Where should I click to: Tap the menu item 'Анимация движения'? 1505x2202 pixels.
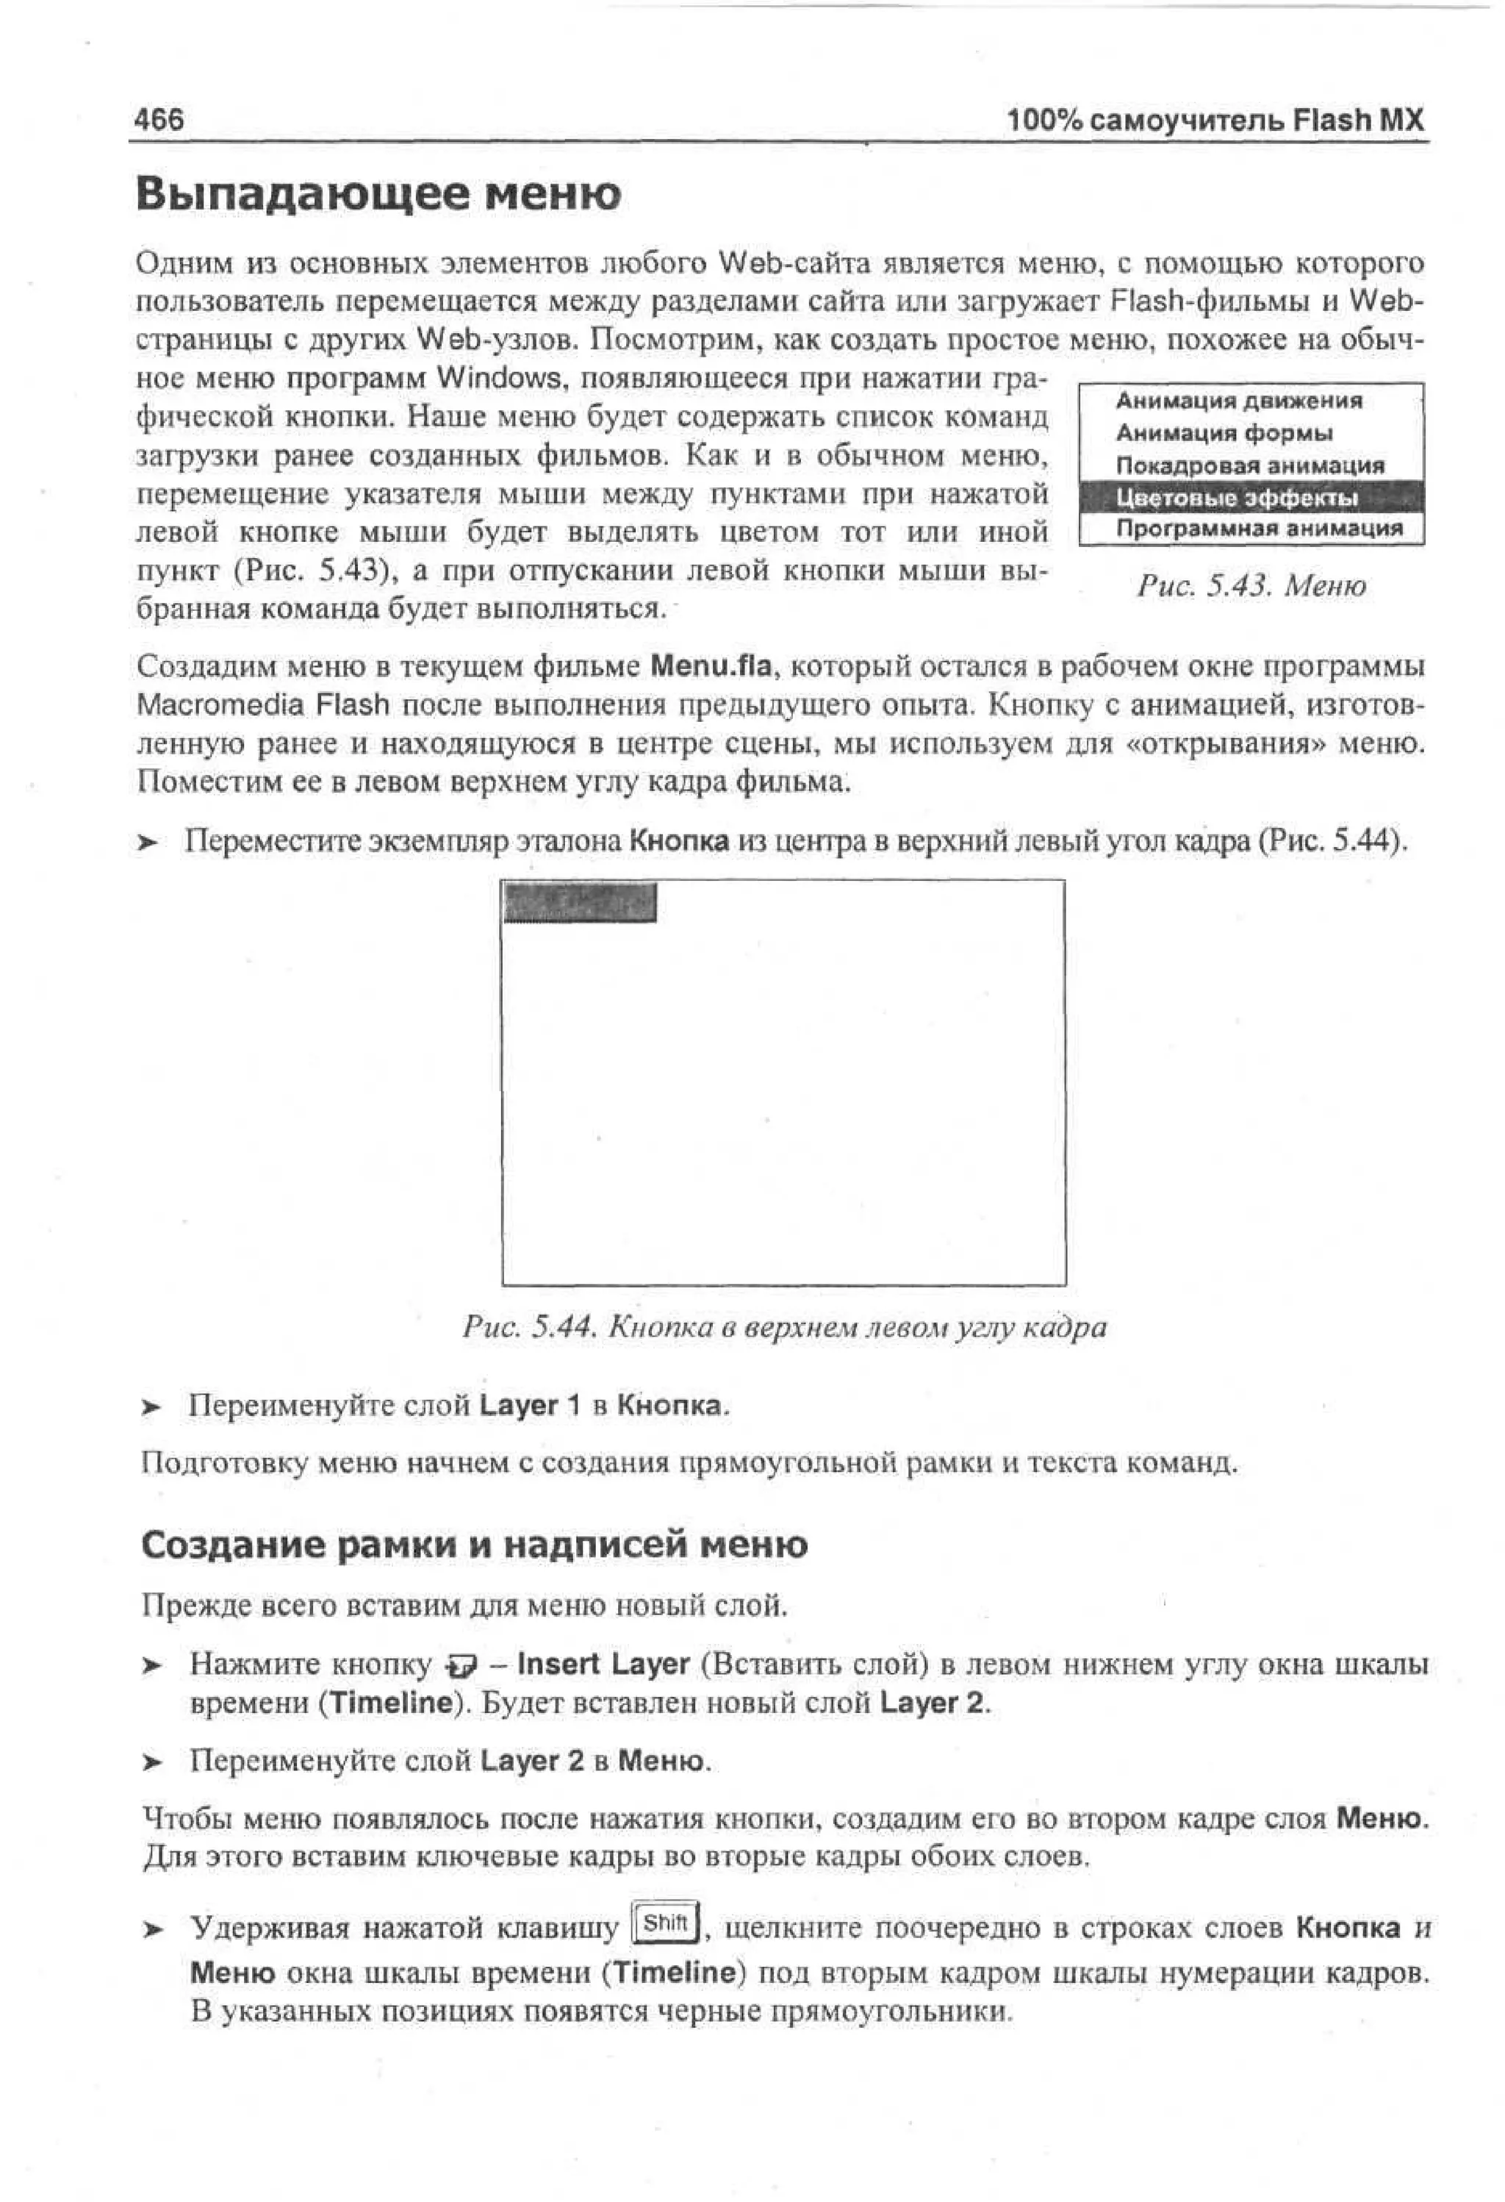pos(1239,401)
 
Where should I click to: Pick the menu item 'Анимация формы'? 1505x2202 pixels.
pos(1224,433)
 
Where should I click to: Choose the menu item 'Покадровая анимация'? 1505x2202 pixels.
pos(1249,465)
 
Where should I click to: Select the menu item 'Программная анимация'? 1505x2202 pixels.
pos(1259,529)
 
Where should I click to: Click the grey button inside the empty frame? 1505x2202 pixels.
pos(580,902)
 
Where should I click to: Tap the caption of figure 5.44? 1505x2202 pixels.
pos(784,1326)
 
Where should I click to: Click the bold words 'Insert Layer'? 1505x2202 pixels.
pos(604,1664)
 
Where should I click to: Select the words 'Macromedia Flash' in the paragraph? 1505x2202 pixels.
pos(263,706)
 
